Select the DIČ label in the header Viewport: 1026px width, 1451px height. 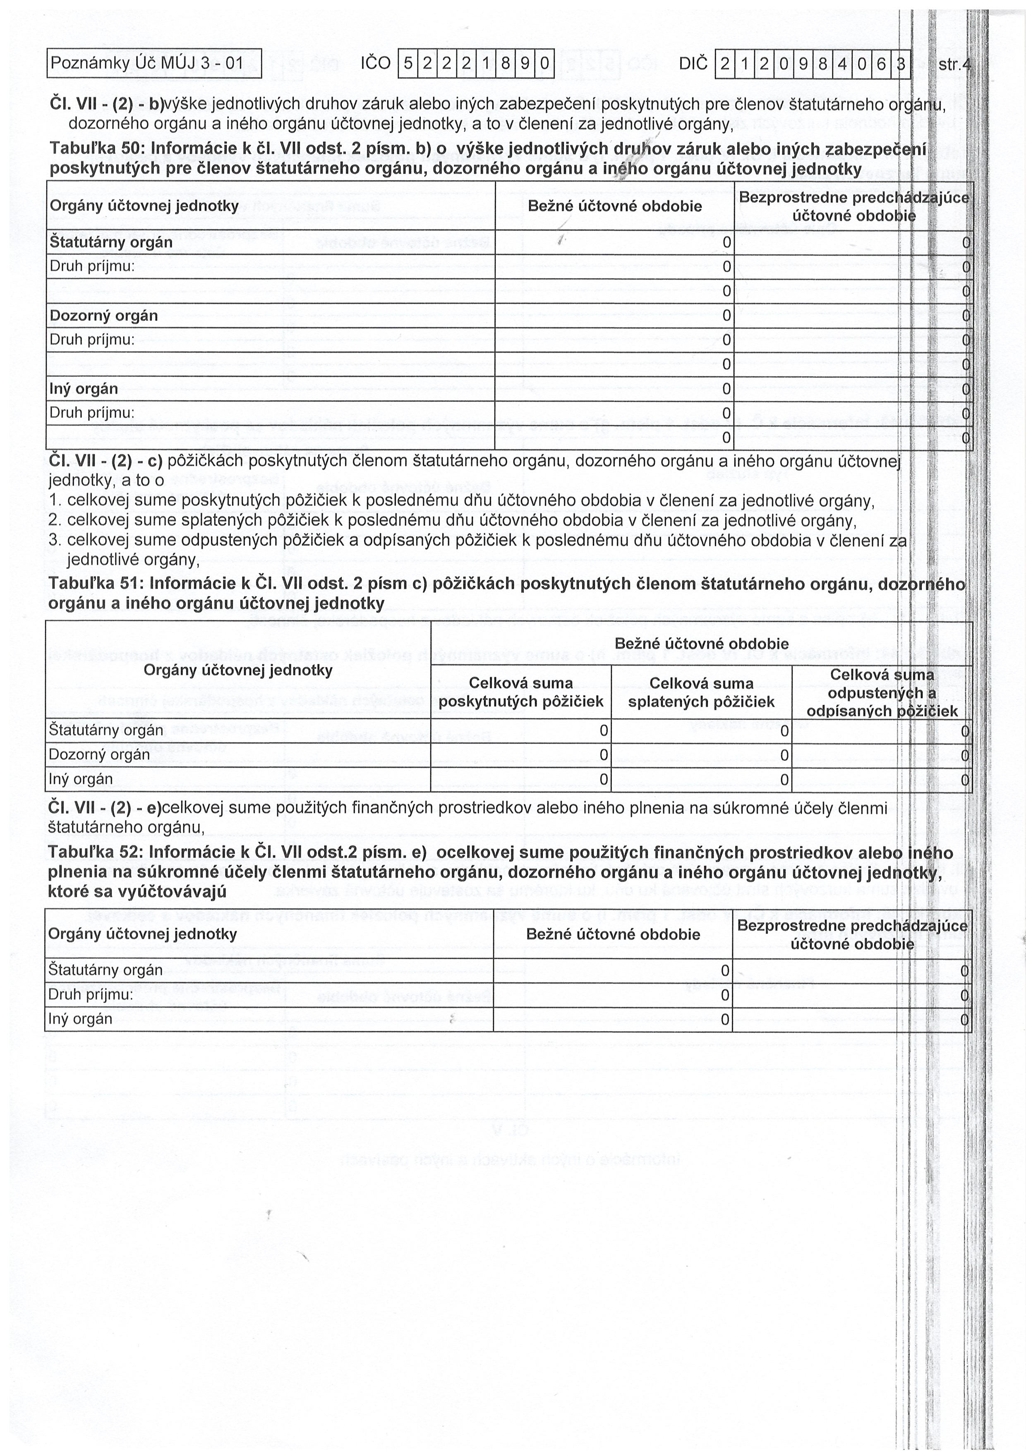pos(694,64)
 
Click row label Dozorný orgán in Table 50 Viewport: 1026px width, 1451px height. pos(104,315)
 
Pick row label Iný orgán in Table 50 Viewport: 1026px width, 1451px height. pos(84,389)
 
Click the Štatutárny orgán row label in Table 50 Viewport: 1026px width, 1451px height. pos(110,242)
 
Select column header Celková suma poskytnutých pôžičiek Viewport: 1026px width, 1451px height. pos(520,693)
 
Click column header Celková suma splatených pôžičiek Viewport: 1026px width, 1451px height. pos(701,693)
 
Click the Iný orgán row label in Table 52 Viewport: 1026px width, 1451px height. pos(80,1019)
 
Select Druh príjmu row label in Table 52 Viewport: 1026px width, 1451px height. pos(91,995)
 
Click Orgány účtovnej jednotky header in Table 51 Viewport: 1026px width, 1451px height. pos(238,670)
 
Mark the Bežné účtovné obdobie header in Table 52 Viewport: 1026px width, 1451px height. pos(613,934)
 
